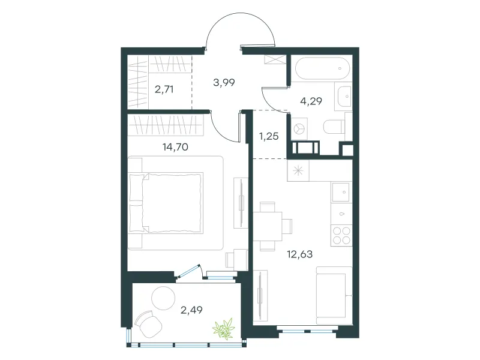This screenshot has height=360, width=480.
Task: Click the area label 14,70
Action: click(175, 147)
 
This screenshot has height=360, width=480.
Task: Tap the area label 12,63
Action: click(299, 254)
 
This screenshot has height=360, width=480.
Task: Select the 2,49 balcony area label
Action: click(191, 310)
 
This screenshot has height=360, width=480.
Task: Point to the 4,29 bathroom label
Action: click(311, 101)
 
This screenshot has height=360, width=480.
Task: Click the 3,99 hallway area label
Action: click(224, 82)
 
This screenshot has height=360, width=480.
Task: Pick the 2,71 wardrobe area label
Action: click(164, 89)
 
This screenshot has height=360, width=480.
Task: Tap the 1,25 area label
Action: click(269, 136)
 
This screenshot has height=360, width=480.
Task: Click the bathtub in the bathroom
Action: click(322, 68)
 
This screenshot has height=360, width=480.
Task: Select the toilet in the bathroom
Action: click(335, 127)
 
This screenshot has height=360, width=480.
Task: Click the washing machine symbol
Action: click(299, 129)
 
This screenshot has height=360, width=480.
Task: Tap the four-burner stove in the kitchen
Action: click(341, 235)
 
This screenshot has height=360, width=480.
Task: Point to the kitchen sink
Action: click(341, 192)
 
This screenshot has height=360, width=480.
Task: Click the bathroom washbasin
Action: click(344, 97)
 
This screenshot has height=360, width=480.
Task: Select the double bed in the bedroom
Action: click(166, 203)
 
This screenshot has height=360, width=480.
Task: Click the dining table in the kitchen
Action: click(268, 226)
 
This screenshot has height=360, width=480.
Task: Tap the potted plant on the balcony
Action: click(224, 328)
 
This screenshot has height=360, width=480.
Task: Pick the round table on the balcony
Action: click(163, 298)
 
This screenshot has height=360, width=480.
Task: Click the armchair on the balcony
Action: click(148, 324)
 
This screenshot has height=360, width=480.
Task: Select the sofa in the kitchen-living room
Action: click(334, 295)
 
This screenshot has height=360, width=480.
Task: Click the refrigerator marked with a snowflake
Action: click(298, 170)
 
